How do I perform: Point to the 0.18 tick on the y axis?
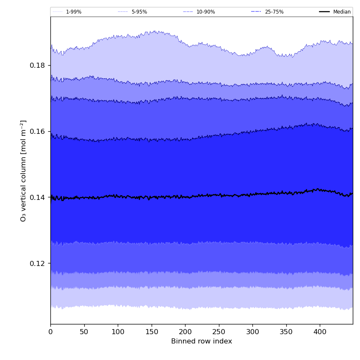[x=37, y=66]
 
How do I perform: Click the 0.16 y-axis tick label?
[x=37, y=132]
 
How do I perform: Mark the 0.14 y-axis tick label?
[x=37, y=197]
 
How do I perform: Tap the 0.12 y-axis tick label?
[x=37, y=263]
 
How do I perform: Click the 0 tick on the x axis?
[x=50, y=332]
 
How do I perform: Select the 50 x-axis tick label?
[x=84, y=332]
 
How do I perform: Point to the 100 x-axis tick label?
[x=118, y=332]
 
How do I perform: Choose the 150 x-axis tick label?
[x=151, y=332]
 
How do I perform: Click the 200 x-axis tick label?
[x=185, y=332]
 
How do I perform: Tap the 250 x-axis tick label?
[x=219, y=332]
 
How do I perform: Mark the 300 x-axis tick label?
[x=252, y=332]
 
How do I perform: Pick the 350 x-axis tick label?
[x=286, y=332]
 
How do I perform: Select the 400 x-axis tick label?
[x=320, y=332]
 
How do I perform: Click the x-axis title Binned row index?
[x=202, y=341]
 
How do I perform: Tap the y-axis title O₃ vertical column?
[x=24, y=171]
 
